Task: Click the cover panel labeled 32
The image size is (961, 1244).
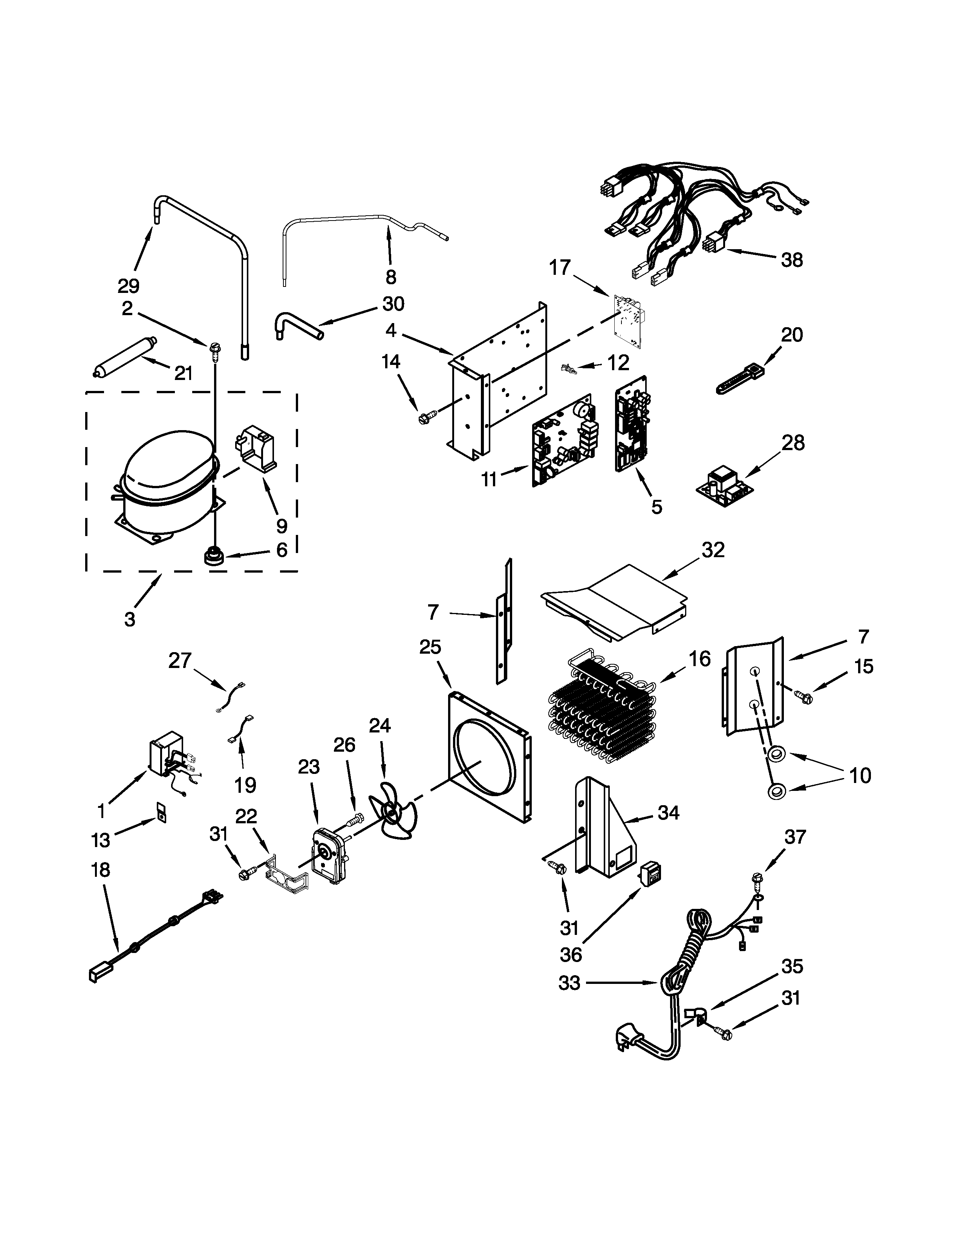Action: click(615, 601)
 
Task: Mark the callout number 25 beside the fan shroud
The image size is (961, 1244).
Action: click(430, 648)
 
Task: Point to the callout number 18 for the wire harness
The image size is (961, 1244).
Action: click(100, 870)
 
